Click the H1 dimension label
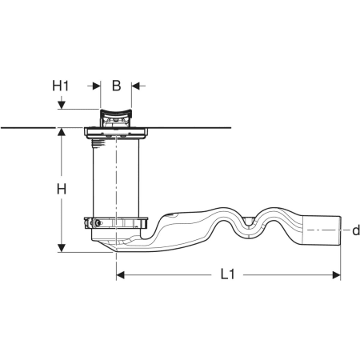(60, 86)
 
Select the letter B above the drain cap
(116, 86)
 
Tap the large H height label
(62, 190)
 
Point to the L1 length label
(227, 274)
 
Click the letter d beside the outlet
(356, 230)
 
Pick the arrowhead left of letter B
(96, 86)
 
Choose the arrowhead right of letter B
(135, 86)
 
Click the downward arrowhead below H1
(62, 105)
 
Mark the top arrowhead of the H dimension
(62, 132)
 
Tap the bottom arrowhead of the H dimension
(62, 248)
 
